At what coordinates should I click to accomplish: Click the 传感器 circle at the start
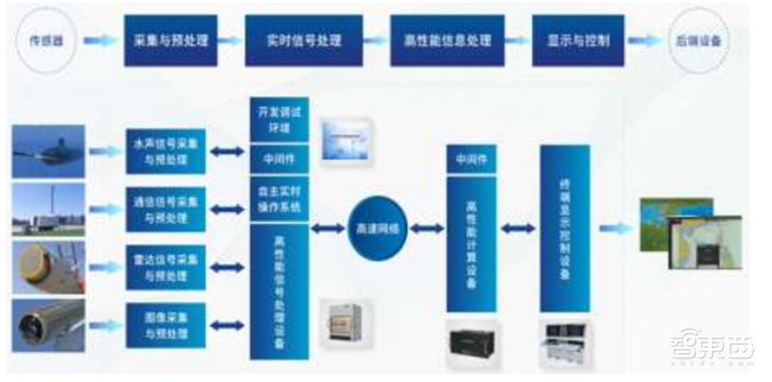tap(44, 41)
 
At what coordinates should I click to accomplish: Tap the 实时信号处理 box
tap(305, 41)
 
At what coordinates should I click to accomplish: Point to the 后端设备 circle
tap(696, 41)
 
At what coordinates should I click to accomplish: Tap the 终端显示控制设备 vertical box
tap(565, 229)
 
